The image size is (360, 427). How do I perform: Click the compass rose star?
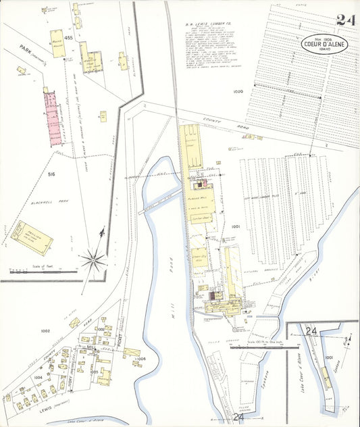click(93, 259)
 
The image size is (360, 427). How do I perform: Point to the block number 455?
click(68, 39)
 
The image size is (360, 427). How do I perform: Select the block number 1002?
click(45, 331)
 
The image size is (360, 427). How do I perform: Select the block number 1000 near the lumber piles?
click(237, 91)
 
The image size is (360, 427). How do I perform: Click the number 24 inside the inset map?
click(311, 331)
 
